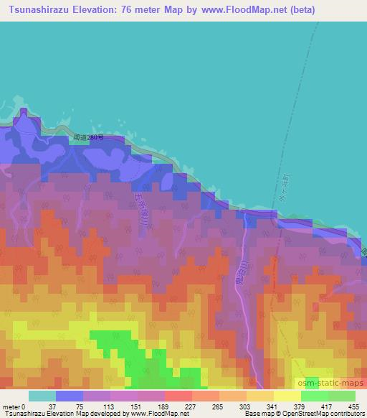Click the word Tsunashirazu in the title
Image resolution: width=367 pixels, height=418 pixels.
click(x=45, y=10)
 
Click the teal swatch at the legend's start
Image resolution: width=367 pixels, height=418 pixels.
click(x=42, y=396)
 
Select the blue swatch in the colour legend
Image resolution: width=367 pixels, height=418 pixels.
click(x=70, y=396)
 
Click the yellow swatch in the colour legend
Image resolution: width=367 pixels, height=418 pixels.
click(x=287, y=396)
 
